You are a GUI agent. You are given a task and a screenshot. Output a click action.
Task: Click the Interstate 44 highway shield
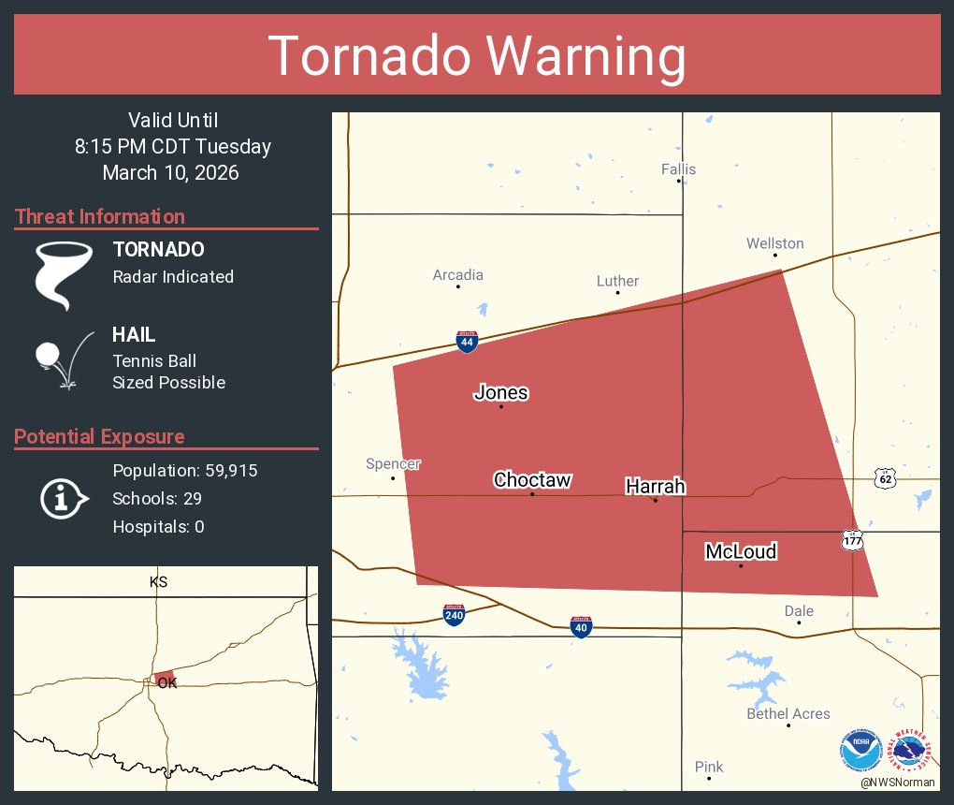tap(467, 342)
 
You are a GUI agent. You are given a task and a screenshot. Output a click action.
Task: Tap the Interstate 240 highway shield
tap(455, 615)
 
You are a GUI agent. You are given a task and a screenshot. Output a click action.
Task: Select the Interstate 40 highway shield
tap(581, 626)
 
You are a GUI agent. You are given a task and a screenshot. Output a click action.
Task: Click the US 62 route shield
tap(884, 478)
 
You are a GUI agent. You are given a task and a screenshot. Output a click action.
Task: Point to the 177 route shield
tap(851, 541)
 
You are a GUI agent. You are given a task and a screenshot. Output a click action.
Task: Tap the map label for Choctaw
tap(532, 480)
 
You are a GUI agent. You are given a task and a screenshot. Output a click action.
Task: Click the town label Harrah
tap(655, 486)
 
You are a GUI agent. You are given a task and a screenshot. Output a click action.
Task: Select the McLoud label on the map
tap(741, 551)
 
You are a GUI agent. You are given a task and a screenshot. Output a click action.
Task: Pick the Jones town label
tap(501, 392)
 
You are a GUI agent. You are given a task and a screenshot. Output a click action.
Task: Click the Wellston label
tap(774, 243)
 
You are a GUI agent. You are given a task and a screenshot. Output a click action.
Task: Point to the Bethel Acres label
tap(788, 713)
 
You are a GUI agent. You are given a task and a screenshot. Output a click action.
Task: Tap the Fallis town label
tap(678, 169)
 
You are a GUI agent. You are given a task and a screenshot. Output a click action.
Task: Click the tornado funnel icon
tap(64, 274)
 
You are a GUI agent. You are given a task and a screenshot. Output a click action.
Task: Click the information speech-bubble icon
tap(63, 498)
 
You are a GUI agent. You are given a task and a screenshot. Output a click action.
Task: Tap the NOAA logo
tap(860, 752)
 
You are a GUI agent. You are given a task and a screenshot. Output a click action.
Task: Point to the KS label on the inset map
tap(158, 582)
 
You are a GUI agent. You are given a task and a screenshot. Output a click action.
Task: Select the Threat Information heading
tap(100, 216)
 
